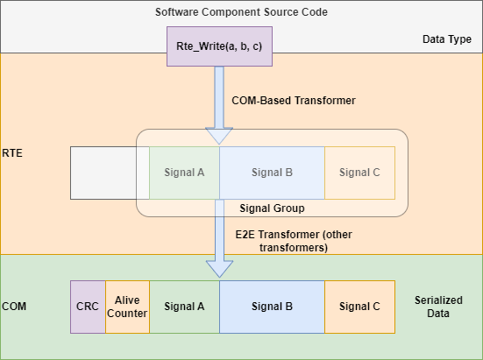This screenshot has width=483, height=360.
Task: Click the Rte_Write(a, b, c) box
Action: pos(219,46)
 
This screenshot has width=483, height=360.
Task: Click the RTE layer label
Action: pos(12,152)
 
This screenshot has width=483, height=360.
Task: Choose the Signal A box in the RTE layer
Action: pos(184,172)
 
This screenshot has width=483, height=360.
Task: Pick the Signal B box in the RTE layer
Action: pos(272,172)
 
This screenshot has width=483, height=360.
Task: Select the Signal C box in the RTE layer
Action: pos(359,172)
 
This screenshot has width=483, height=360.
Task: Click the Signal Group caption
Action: pos(272,208)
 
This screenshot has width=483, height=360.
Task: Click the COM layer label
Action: pos(15,307)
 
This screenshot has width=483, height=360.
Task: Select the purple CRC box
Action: pos(87,307)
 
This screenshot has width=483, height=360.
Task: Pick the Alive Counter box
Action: pos(127,307)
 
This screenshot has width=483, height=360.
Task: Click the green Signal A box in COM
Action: pos(184,307)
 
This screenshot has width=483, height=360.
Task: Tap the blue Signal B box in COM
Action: pos(272,307)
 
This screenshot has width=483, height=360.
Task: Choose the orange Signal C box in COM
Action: pos(359,307)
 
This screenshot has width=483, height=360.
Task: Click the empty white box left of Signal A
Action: pos(103,172)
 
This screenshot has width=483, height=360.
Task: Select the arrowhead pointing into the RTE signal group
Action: pos(219,136)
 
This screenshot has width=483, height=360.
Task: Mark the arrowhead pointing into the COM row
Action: pos(219,269)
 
